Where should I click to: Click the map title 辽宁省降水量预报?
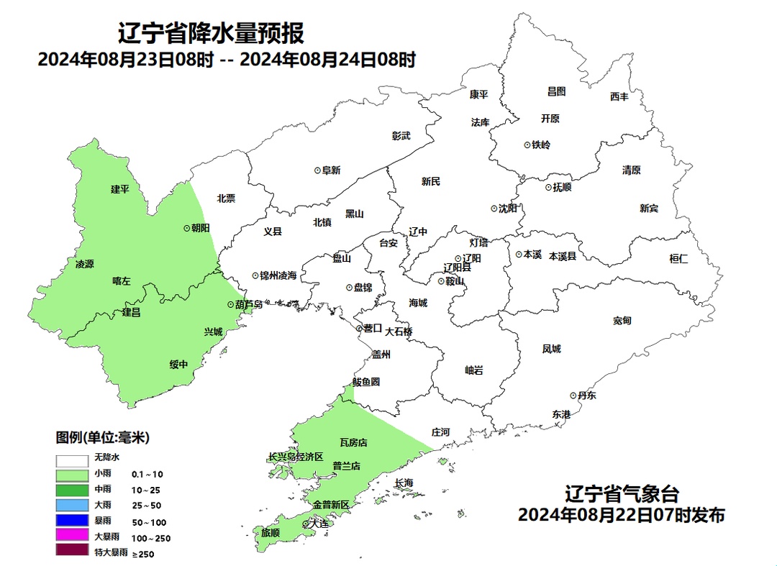(210, 32)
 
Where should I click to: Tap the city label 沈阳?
(507, 209)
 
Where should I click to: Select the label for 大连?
(317, 524)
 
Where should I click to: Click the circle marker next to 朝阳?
(187, 227)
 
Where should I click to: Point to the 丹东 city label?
(586, 396)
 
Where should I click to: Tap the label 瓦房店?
(353, 442)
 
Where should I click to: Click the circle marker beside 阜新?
(317, 170)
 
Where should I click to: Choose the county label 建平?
(120, 189)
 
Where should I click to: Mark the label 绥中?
(178, 364)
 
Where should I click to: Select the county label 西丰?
(619, 96)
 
